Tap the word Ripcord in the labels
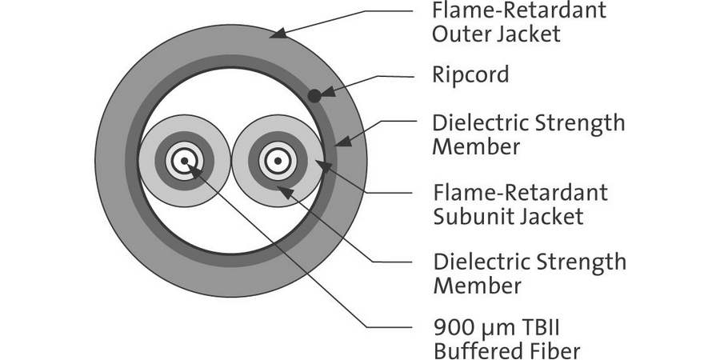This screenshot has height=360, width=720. coord(470,75)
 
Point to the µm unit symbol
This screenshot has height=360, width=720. coord(493,329)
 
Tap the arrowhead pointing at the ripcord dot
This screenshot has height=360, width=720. coord(323,90)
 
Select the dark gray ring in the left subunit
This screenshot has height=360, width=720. coord(162,163)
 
